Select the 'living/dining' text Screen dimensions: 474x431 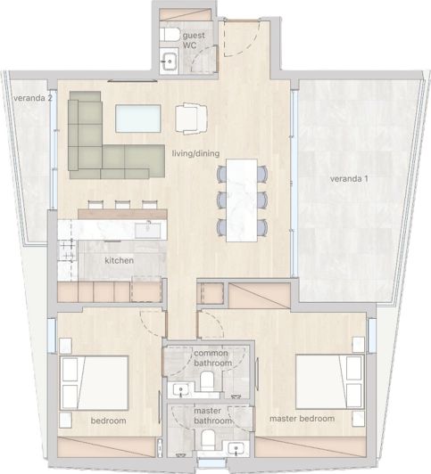(x=195, y=154)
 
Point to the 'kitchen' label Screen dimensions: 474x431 (x=119, y=260)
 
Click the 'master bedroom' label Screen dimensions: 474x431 (x=302, y=418)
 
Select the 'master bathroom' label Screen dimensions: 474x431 (x=212, y=415)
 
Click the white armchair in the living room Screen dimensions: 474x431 (x=191, y=117)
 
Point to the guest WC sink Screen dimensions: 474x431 (x=170, y=61)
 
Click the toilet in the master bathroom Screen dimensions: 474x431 (x=206, y=439)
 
